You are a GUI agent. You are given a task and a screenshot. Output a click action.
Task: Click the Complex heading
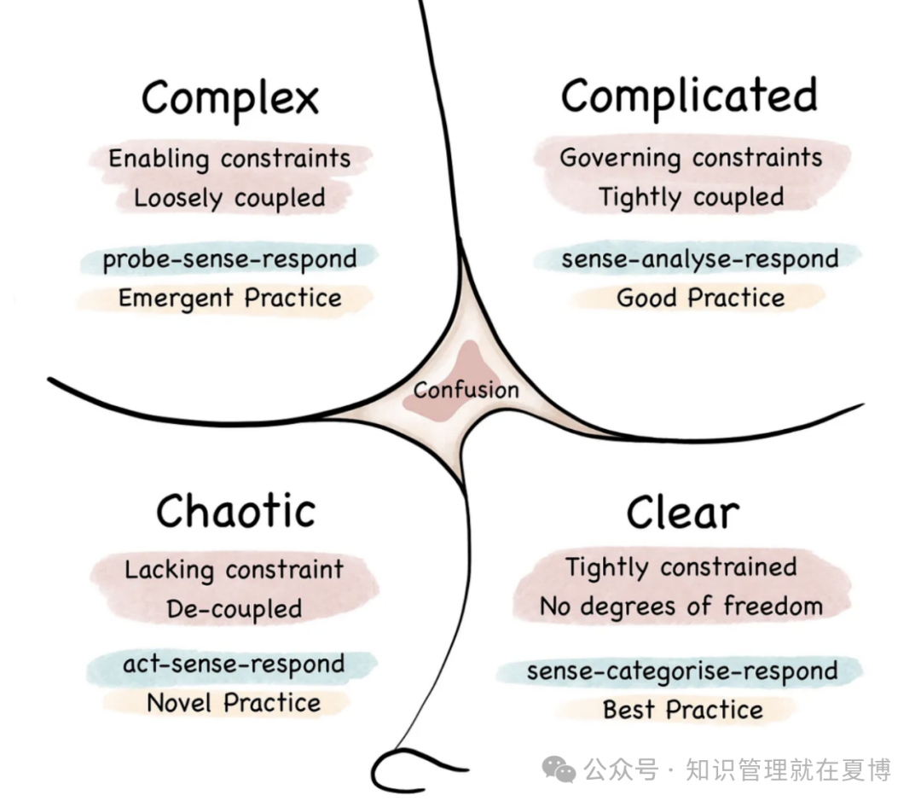click(230, 99)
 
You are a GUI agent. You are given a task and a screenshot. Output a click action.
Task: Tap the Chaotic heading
click(235, 511)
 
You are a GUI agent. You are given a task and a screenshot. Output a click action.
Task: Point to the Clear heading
click(682, 513)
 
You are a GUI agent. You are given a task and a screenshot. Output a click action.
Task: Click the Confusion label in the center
click(466, 390)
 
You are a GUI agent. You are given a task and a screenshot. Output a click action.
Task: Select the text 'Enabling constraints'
click(229, 159)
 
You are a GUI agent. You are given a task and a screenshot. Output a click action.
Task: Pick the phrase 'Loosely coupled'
click(229, 198)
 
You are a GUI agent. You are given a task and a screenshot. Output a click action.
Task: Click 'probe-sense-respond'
click(229, 259)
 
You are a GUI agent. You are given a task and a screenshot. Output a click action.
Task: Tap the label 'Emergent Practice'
click(229, 298)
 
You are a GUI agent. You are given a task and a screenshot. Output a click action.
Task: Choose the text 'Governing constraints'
click(691, 158)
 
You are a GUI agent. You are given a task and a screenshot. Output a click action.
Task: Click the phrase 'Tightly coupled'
click(692, 198)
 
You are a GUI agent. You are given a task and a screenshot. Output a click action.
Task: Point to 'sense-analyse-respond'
click(700, 259)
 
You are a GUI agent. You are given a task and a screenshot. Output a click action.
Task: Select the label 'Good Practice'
click(701, 298)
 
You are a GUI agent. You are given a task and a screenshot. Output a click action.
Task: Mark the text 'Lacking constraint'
click(234, 570)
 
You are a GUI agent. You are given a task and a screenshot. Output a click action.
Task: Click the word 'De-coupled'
click(235, 609)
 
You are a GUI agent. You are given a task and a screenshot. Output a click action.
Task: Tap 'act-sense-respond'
click(234, 665)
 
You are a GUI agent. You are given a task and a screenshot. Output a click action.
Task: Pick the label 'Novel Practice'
click(234, 703)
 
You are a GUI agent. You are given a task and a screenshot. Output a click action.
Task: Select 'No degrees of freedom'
click(681, 606)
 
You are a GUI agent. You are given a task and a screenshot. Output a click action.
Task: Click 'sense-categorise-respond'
click(682, 671)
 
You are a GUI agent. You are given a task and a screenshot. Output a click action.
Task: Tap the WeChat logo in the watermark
click(559, 769)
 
